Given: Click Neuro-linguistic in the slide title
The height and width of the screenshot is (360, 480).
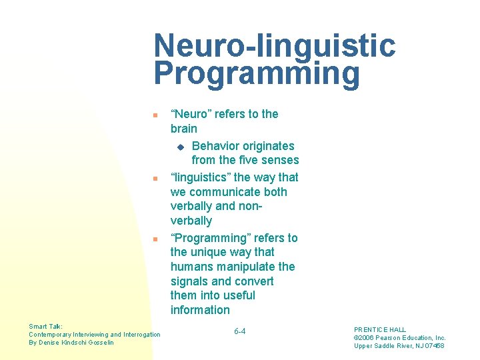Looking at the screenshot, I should pos(274,46).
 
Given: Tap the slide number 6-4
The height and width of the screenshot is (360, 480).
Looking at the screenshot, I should pos(240,331).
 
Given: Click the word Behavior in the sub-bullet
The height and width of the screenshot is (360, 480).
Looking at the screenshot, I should pos(217,146).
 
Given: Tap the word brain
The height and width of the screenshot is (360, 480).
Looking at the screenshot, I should pos(184,129).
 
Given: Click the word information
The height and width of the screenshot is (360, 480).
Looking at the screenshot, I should pos(200,310).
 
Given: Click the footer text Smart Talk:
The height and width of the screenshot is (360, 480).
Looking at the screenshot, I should pos(46,326).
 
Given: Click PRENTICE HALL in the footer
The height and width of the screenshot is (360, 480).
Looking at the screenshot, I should pos(380,329).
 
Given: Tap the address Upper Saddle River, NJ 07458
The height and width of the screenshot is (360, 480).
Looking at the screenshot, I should pos(399,345).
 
